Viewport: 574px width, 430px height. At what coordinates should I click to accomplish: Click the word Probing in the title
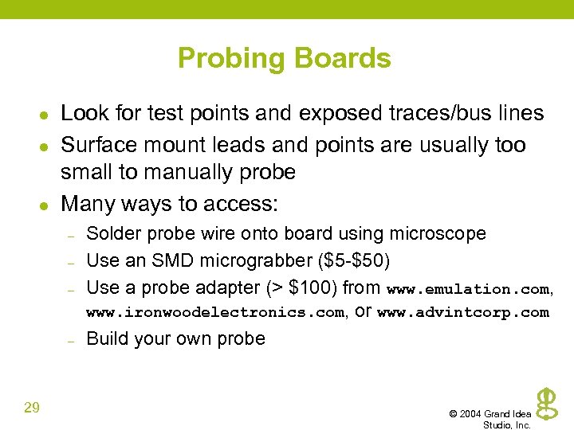232,59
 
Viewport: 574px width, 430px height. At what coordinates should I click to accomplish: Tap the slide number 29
32,408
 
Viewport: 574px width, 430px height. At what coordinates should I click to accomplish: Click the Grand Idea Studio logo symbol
547,403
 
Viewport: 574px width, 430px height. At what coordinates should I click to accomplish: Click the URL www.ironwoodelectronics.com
214,312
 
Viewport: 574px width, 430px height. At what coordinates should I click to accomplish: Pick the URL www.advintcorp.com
462,312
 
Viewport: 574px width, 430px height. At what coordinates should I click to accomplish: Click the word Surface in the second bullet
95,145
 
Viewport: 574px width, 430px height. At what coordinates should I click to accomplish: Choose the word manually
184,172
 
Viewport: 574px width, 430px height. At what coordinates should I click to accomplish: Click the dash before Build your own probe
71,340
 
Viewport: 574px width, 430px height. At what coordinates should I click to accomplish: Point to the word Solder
110,233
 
